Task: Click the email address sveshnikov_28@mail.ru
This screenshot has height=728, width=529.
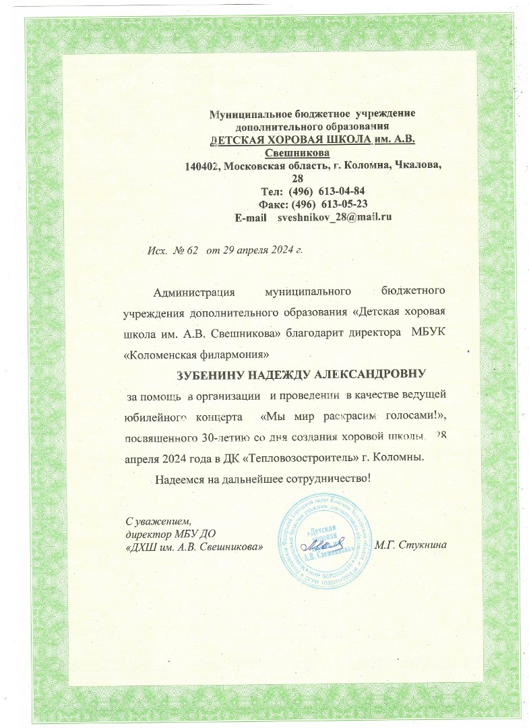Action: [x=335, y=217]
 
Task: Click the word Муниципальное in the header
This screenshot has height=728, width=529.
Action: [x=244, y=115]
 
